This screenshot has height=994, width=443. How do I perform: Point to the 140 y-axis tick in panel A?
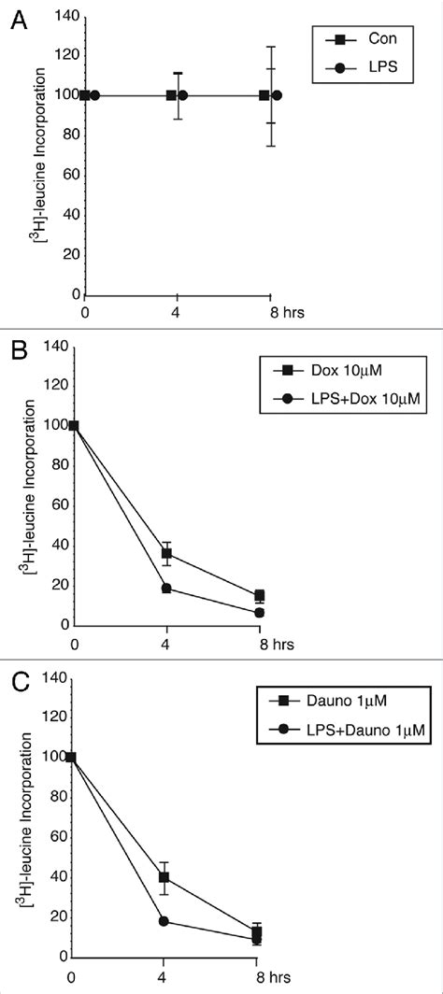point(63,15)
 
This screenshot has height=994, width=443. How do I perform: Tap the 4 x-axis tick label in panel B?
point(166,644)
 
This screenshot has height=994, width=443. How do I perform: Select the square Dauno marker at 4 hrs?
point(164,877)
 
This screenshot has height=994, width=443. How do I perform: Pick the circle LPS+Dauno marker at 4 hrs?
point(164,921)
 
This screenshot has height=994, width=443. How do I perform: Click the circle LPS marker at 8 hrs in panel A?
point(277,95)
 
